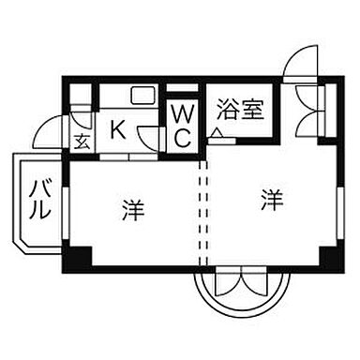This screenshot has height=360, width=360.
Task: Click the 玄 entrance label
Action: click(x=82, y=142)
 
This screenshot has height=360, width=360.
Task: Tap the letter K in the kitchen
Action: click(x=119, y=129)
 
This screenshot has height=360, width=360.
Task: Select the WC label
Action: click(x=182, y=127)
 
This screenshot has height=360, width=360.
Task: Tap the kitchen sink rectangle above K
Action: click(x=142, y=96)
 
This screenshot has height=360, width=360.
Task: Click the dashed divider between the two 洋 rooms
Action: click(x=200, y=211)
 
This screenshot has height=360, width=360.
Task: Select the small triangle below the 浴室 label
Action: click(x=217, y=136)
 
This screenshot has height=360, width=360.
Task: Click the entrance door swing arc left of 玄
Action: click(x=50, y=132)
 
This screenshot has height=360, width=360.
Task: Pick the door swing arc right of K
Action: click(x=148, y=134)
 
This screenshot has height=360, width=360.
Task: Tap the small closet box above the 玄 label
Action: click(x=82, y=97)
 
